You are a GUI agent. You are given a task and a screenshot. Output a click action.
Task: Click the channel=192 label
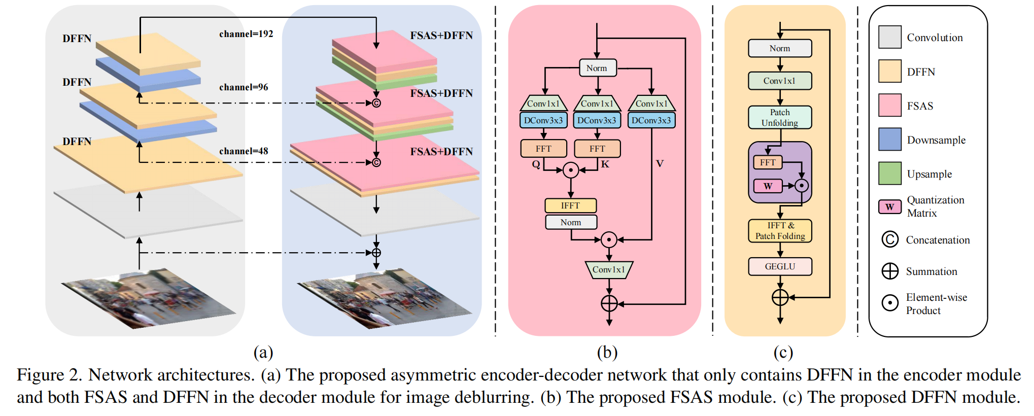(246, 34)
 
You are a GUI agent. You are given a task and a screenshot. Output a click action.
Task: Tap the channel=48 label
(244, 151)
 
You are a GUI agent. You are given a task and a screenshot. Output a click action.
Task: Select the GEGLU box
(780, 266)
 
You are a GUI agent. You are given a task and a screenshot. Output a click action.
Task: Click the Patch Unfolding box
(780, 117)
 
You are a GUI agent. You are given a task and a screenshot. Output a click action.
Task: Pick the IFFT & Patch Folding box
(780, 231)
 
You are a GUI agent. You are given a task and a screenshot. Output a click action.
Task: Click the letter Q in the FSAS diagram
(536, 164)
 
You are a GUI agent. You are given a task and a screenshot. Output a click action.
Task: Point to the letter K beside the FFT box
(605, 164)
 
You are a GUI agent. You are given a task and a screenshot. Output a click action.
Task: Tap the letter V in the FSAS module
(660, 163)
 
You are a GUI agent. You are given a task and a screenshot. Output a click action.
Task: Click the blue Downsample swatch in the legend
(890, 140)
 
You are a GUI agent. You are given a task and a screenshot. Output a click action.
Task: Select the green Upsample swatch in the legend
(890, 174)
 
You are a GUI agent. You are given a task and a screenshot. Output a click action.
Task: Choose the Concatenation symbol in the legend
(890, 239)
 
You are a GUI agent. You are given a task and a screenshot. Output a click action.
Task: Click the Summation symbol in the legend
(890, 271)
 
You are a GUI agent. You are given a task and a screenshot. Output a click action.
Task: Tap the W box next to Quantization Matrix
(890, 207)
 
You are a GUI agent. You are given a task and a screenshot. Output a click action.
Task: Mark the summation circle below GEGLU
(780, 297)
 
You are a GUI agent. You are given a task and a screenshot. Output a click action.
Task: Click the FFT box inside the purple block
(768, 162)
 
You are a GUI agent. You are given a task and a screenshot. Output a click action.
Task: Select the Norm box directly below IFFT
(571, 222)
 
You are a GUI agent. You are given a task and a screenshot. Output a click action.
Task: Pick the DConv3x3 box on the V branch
(651, 120)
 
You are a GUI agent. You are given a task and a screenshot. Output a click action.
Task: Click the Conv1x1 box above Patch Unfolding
(780, 81)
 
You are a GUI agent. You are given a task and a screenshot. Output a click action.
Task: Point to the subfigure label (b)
(607, 352)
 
